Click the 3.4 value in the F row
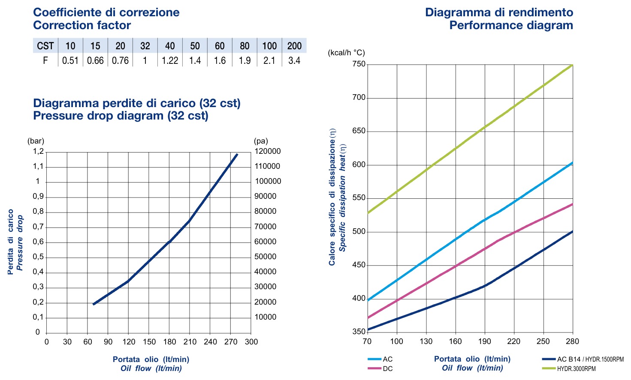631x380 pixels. pyautogui.click(x=294, y=60)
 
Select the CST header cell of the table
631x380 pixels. pyautogui.click(x=45, y=45)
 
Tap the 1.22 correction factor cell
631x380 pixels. pyautogui.click(x=170, y=60)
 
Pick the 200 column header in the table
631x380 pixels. pyautogui.click(x=294, y=45)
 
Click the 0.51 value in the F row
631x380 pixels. pyautogui.click(x=70, y=60)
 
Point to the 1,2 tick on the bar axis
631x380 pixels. pyautogui.click(x=39, y=151)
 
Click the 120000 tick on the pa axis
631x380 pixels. pyautogui.click(x=268, y=151)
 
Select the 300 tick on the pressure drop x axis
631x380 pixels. pyautogui.click(x=251, y=342)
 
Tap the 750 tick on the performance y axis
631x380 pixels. pyautogui.click(x=359, y=64)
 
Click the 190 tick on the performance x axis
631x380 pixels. pyautogui.click(x=485, y=341)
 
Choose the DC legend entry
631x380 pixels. pyautogui.click(x=380, y=368)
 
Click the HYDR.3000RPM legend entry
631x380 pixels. pyautogui.click(x=569, y=368)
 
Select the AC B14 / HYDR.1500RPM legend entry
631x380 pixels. pyautogui.click(x=583, y=359)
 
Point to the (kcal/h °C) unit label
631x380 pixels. pyautogui.click(x=346, y=53)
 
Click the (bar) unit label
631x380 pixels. pyautogui.click(x=36, y=141)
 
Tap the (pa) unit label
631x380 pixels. pyautogui.click(x=261, y=141)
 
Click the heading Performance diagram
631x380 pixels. pyautogui.click(x=511, y=25)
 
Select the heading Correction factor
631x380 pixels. pyautogui.click(x=82, y=25)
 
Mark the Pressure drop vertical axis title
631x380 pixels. pyautogui.click(x=19, y=242)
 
